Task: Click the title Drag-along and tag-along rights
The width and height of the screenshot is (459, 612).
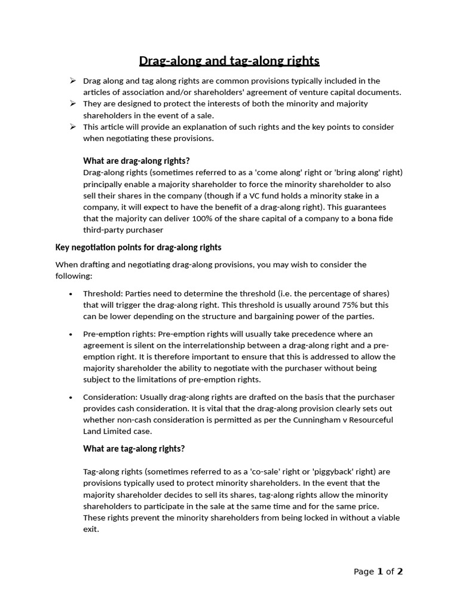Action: pyautogui.click(x=229, y=61)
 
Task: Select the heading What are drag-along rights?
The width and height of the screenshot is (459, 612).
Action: pyautogui.click(x=136, y=161)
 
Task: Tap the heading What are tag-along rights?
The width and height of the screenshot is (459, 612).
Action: pyautogui.click(x=134, y=448)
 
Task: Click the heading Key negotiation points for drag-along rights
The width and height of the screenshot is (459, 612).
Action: pyautogui.click(x=138, y=247)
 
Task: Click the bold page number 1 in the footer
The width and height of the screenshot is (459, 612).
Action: pyautogui.click(x=380, y=571)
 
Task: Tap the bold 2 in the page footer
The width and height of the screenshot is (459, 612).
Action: pyautogui.click(x=400, y=571)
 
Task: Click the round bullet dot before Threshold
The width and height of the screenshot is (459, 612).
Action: pyautogui.click(x=71, y=294)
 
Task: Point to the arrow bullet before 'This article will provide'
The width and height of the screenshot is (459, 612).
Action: pyautogui.click(x=72, y=127)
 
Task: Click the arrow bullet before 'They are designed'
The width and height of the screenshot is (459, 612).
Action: pyautogui.click(x=72, y=104)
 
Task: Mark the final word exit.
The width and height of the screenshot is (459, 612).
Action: pyautogui.click(x=90, y=529)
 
